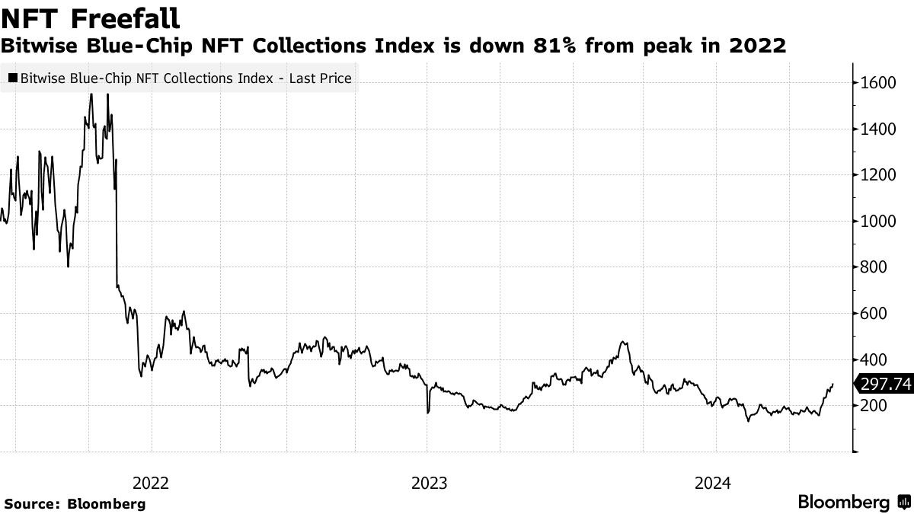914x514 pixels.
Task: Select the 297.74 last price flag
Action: coord(885,385)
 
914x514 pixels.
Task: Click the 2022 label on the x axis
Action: coord(151,483)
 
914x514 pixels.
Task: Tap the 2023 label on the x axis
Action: coord(429,483)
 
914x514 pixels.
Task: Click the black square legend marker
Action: coord(13,78)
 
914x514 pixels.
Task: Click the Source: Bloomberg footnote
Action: coord(75,503)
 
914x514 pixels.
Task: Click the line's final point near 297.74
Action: coord(833,385)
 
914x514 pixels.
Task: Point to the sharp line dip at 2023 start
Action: coord(428,412)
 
